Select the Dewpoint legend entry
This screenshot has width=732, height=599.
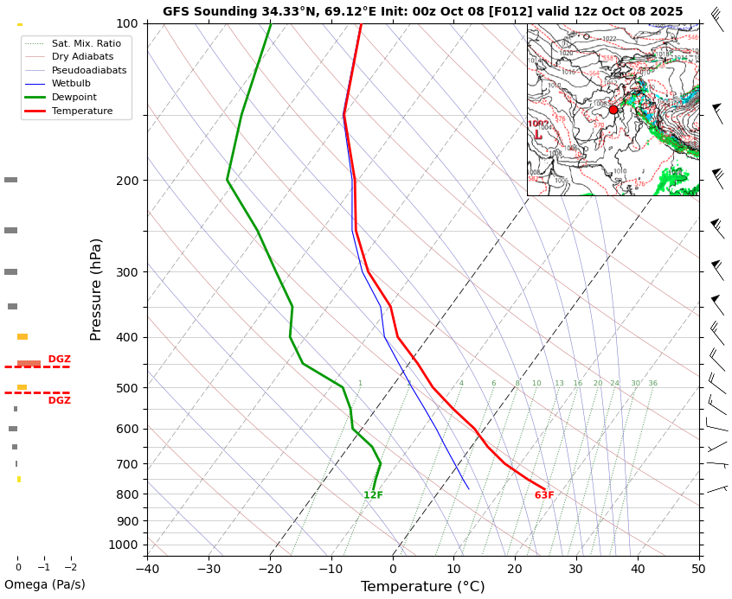74,98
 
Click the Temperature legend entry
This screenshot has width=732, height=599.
81,112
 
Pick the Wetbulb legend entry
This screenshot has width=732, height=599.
71,84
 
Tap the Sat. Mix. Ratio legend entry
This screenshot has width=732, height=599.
86,43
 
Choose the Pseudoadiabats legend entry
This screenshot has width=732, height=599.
88,70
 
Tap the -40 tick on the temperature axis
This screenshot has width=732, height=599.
147,569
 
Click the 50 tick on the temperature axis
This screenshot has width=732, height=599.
698,569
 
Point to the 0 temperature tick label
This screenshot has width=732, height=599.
393,569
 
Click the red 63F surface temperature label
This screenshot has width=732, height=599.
544,495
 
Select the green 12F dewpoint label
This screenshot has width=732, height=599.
373,495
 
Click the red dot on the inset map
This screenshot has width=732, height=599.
613,110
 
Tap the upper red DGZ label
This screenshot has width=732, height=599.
59,360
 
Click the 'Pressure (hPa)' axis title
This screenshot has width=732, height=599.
96,289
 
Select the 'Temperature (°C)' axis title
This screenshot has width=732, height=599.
422,587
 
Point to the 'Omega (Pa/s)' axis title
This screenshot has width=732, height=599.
45,584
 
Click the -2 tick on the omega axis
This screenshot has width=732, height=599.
71,568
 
